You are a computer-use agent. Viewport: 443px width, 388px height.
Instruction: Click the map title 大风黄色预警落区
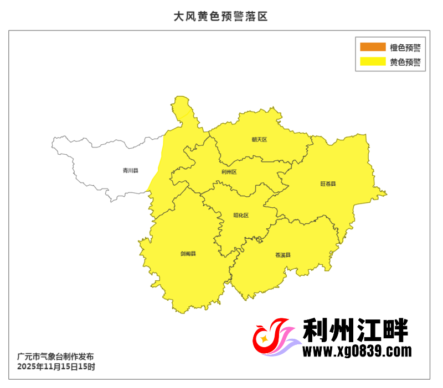click(x=221, y=17)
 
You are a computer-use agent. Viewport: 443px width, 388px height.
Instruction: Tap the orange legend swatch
click(x=372, y=46)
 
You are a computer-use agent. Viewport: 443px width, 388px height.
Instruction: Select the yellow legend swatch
click(x=372, y=61)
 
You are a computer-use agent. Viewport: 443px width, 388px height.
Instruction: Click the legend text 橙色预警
click(x=405, y=48)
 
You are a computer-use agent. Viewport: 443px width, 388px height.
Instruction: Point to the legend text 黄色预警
click(x=405, y=62)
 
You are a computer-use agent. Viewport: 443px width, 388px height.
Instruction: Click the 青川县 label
click(x=130, y=171)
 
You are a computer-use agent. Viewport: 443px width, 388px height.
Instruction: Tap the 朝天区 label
click(x=259, y=140)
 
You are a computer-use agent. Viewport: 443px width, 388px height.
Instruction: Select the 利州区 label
click(x=229, y=172)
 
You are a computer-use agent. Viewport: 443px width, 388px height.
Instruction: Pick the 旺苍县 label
click(x=328, y=183)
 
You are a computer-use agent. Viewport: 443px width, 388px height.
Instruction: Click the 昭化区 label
click(x=241, y=215)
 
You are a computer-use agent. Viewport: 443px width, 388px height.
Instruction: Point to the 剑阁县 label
click(x=188, y=254)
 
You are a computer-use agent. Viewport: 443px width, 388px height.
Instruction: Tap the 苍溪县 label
click(x=283, y=255)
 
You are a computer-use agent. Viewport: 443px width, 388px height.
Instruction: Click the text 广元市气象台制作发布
click(x=55, y=356)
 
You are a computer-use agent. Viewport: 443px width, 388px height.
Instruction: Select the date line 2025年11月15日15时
click(x=56, y=366)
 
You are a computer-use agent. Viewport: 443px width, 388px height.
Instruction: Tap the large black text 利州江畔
click(x=356, y=331)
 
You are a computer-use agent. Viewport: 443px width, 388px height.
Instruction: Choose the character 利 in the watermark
click(x=316, y=331)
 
